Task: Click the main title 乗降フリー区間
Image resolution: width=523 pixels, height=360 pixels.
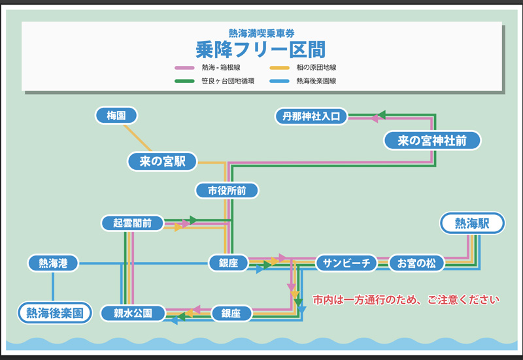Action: point(261,49)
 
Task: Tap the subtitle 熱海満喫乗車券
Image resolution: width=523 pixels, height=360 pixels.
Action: point(261,33)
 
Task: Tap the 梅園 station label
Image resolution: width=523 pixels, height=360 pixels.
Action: point(116,116)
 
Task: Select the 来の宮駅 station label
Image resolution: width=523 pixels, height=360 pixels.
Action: point(163,161)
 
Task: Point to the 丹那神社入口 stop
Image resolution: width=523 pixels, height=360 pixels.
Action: point(311,117)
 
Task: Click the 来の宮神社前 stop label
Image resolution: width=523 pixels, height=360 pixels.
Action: point(432,140)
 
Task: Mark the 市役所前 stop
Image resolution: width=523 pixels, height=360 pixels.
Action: point(227,191)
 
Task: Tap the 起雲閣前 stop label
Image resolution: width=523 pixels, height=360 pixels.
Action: point(132,223)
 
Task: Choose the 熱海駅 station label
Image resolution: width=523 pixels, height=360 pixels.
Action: point(472,223)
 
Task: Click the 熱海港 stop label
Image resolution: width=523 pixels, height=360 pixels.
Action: point(53,263)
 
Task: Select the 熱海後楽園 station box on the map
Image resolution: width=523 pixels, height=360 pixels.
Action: point(54,314)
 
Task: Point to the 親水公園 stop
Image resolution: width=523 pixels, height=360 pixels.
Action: point(133,314)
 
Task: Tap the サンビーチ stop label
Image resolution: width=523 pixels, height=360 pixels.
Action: point(346,263)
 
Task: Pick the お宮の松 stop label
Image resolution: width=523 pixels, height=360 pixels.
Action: point(416,263)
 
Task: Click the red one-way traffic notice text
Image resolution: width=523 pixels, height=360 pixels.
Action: point(406,301)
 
